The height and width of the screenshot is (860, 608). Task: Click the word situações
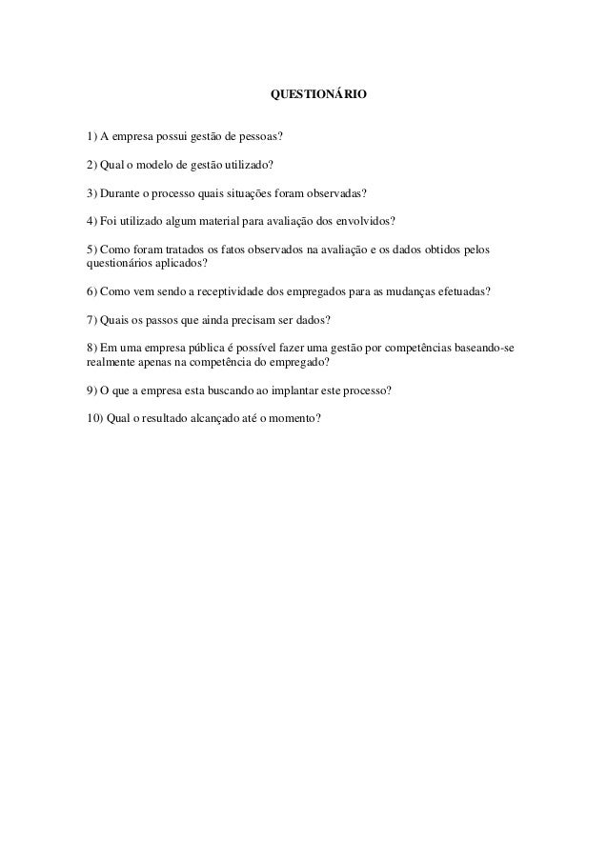pyautogui.click(x=243, y=190)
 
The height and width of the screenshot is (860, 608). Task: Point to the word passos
pyautogui.click(x=152, y=317)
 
